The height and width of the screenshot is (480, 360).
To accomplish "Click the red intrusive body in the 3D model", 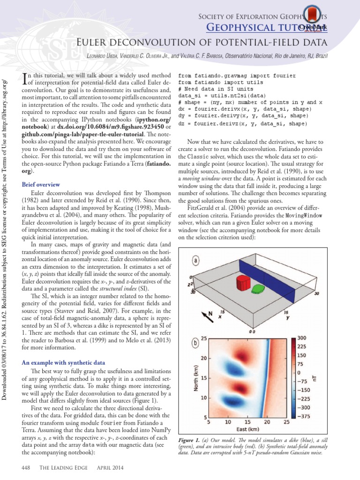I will pos(242,283).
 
